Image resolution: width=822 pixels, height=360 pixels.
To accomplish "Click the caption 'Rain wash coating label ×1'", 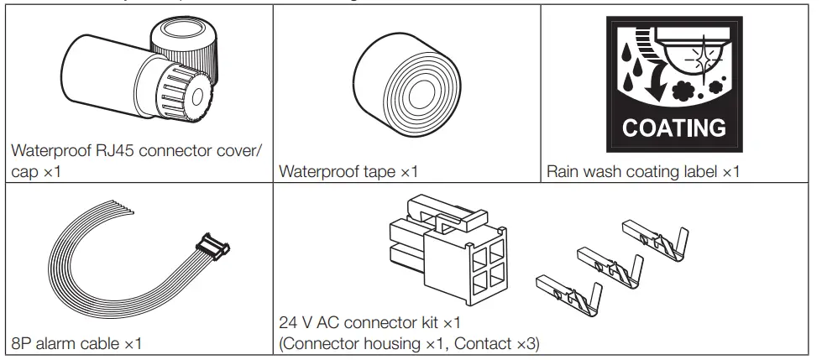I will point(642,172).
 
